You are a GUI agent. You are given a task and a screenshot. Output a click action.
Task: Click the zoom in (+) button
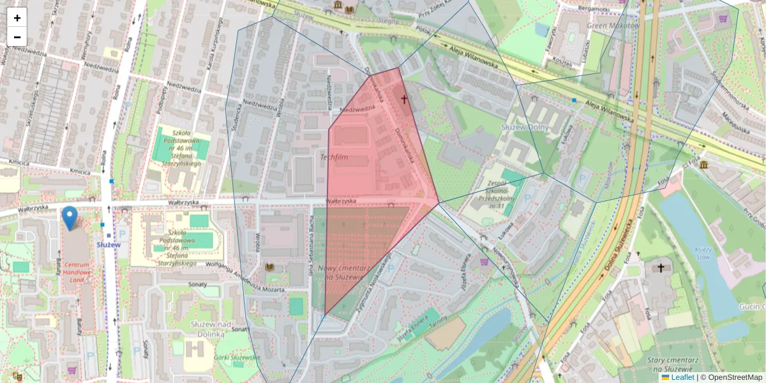(17, 18)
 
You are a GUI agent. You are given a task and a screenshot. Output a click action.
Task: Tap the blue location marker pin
(70, 218)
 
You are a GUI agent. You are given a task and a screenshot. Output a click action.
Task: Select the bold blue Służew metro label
(108, 244)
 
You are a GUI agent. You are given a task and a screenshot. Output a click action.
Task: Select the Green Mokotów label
(613, 26)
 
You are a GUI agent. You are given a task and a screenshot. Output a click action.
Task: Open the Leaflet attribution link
(682, 377)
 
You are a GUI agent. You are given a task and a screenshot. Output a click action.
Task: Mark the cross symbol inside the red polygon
(403, 99)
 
